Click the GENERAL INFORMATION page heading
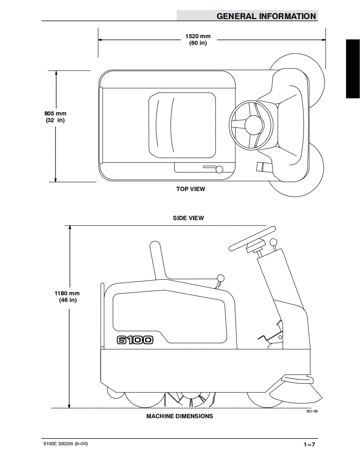[x=266, y=16]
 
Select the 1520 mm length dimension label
[x=198, y=39]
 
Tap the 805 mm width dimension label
[x=55, y=117]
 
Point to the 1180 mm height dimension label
[x=67, y=297]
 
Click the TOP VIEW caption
[x=190, y=189]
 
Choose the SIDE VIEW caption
[x=188, y=218]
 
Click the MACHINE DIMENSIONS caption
[x=180, y=416]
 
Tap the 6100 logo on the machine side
[x=135, y=340]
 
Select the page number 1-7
[x=309, y=444]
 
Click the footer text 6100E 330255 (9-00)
[x=66, y=444]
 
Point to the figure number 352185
[x=312, y=411]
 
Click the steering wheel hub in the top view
[x=253, y=125]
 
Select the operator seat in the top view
[x=182, y=125]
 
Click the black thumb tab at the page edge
[x=353, y=69]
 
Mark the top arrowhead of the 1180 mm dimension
[x=70, y=228]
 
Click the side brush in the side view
[x=296, y=392]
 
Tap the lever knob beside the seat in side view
[x=221, y=278]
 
